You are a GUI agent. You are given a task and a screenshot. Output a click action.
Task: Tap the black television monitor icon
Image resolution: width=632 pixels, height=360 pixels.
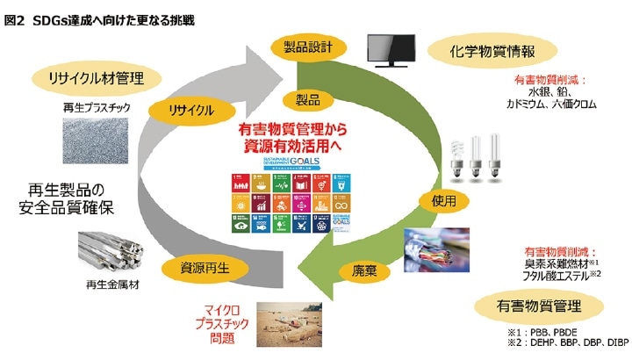tap(391, 52)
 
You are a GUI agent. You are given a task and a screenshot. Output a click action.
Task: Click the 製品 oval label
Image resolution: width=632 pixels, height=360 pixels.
tap(301, 98)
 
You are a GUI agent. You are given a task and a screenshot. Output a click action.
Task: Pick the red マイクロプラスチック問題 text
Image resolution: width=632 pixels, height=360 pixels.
tap(221, 322)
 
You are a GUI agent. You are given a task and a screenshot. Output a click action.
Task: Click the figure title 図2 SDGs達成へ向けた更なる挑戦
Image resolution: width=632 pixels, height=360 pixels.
tap(100, 18)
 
